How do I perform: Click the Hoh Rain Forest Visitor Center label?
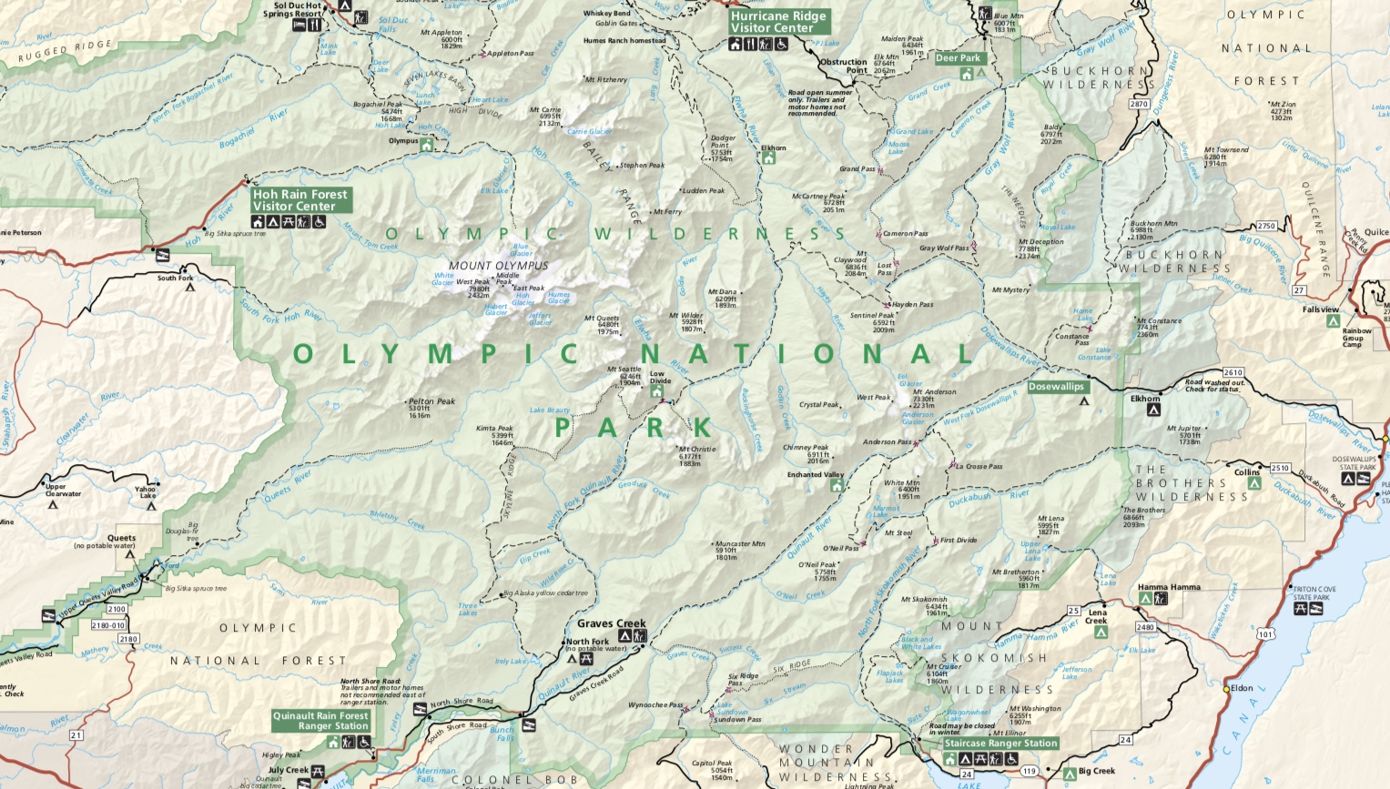click(300, 200)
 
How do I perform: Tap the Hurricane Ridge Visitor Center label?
click(778, 22)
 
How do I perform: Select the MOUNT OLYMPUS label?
click(498, 266)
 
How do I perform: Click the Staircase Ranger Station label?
click(1000, 743)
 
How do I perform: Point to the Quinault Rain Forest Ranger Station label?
click(321, 721)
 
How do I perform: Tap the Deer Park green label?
click(959, 58)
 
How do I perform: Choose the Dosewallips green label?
click(1056, 387)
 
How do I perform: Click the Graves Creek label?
click(611, 624)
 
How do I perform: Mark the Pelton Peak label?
click(431, 401)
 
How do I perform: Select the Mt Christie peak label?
click(696, 450)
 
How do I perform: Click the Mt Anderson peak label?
click(935, 392)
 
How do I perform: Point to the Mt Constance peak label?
click(1159, 321)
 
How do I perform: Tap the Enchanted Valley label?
click(816, 475)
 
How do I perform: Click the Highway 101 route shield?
click(1263, 633)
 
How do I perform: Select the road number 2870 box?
click(1139, 104)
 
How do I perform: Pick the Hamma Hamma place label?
click(1169, 588)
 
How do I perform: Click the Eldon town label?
click(1242, 689)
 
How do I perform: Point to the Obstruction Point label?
click(843, 66)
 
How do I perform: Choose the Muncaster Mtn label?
click(739, 544)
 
